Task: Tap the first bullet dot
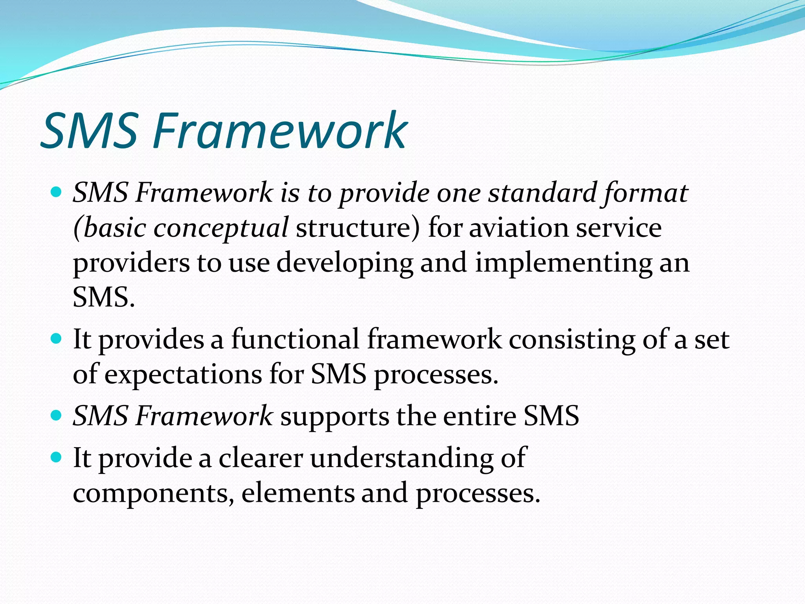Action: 57,192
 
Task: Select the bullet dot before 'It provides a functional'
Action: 57,338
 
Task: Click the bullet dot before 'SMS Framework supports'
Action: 57,415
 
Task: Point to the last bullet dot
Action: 57,457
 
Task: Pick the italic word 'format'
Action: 645,193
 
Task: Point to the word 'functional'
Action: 295,339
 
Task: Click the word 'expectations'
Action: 183,374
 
